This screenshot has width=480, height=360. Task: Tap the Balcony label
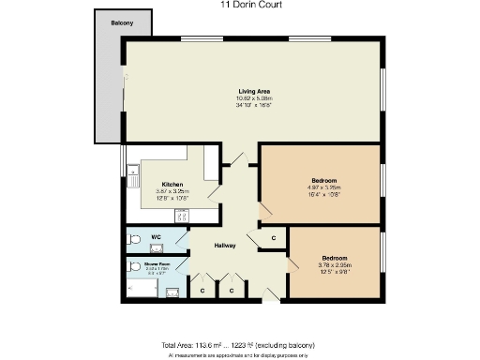click(x=121, y=22)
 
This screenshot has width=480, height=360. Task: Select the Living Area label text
click(x=253, y=90)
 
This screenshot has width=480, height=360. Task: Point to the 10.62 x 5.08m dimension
click(x=253, y=97)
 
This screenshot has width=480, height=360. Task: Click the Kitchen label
click(x=172, y=184)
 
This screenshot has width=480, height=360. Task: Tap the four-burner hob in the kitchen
click(x=182, y=215)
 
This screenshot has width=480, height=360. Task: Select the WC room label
click(x=143, y=237)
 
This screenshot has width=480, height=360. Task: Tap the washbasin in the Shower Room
click(x=173, y=292)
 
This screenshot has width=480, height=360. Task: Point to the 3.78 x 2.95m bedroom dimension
click(x=335, y=264)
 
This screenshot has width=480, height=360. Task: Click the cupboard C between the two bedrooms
click(x=273, y=238)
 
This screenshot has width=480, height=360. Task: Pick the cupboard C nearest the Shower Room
click(x=202, y=291)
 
